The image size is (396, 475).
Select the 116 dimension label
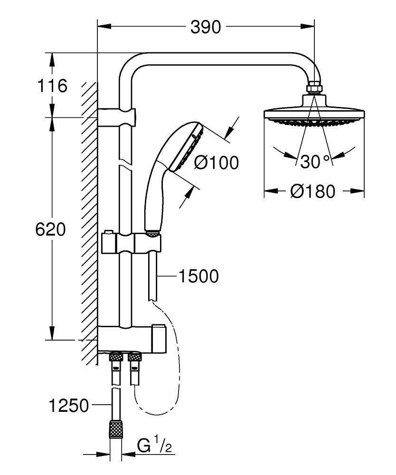tap(52, 86)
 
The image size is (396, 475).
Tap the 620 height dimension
tap(50, 229)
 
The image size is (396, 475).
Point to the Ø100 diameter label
tap(217, 163)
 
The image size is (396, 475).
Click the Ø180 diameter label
tap(314, 191)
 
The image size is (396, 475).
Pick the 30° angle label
tap(314, 161)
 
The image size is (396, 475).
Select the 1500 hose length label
tap(198, 276)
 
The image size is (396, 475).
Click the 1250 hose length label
tap(68, 406)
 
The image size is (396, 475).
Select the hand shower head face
tap(192, 147)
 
